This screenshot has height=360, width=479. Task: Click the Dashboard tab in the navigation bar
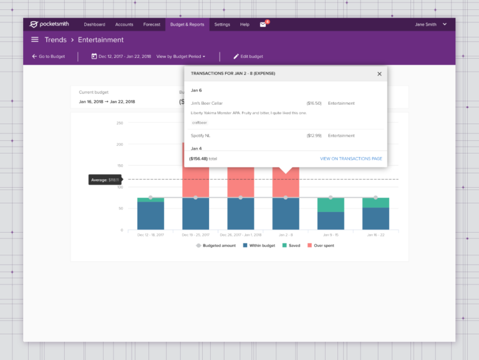pyautogui.click(x=94, y=24)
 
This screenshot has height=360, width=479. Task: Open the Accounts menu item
pyautogui.click(x=124, y=24)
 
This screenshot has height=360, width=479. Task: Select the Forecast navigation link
pyautogui.click(x=152, y=24)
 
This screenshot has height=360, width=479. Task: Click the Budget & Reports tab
pyautogui.click(x=187, y=24)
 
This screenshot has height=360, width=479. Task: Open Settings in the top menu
pyautogui.click(x=222, y=24)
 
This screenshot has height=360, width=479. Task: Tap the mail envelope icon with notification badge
pyautogui.click(x=263, y=24)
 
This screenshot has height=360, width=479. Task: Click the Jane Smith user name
pyautogui.click(x=427, y=24)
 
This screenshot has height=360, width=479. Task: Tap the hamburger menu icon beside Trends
pyautogui.click(x=35, y=40)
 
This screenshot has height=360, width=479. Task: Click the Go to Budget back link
pyautogui.click(x=49, y=56)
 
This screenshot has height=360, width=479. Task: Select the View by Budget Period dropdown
pyautogui.click(x=181, y=56)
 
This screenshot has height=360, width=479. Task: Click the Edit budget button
pyautogui.click(x=248, y=56)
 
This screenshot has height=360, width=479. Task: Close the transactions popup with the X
pyautogui.click(x=379, y=74)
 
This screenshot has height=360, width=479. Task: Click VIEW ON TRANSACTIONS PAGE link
pyautogui.click(x=351, y=159)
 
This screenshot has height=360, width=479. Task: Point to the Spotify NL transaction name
pyautogui.click(x=203, y=135)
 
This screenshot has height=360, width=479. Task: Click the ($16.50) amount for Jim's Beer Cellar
pyautogui.click(x=314, y=103)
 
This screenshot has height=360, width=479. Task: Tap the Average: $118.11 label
pyautogui.click(x=105, y=180)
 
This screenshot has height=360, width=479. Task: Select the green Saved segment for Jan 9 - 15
pyautogui.click(x=331, y=205)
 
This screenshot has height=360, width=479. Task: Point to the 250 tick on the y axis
pyautogui.click(x=120, y=123)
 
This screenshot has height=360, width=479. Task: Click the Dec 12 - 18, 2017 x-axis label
pyautogui.click(x=150, y=235)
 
